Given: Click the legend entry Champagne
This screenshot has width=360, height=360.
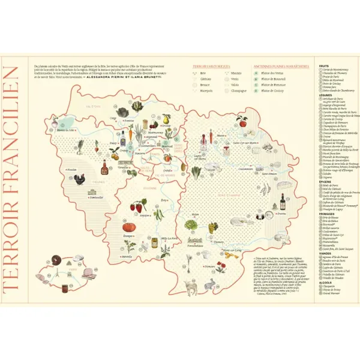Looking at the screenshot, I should (x=237, y=91).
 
